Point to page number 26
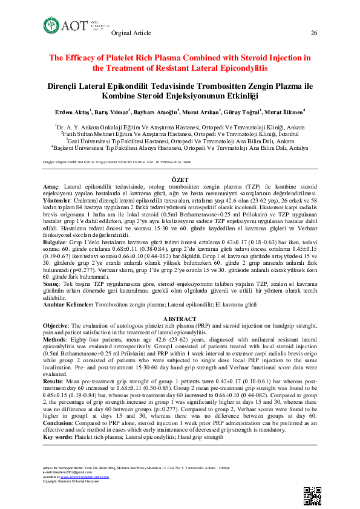(313, 33)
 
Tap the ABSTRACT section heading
(180, 319)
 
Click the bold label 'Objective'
(56, 325)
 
